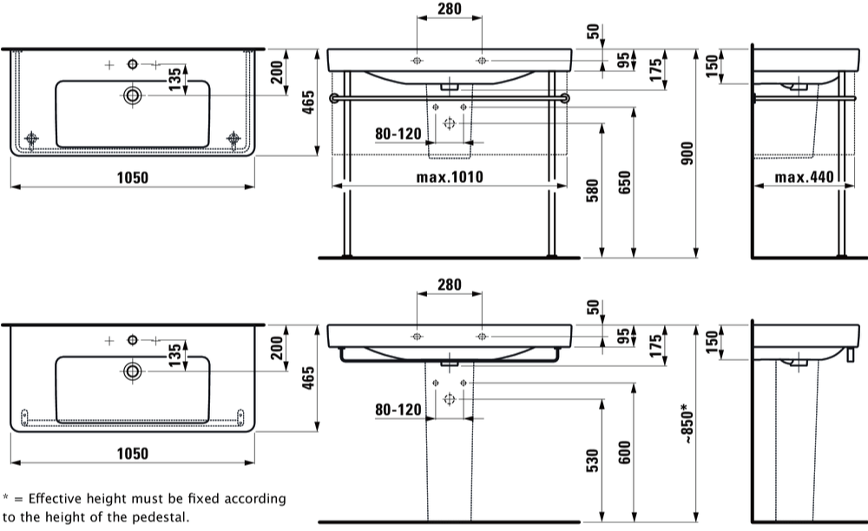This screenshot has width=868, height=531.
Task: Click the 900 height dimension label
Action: (x=687, y=154)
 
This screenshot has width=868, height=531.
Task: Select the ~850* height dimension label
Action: (x=687, y=423)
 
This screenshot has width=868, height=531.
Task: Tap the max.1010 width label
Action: (x=450, y=177)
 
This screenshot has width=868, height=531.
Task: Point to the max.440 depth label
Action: (x=804, y=177)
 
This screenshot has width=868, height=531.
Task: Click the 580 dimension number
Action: (x=592, y=191)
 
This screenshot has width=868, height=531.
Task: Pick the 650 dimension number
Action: (x=624, y=182)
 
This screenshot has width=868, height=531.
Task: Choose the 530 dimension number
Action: (x=592, y=460)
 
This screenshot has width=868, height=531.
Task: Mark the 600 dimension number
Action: (x=624, y=452)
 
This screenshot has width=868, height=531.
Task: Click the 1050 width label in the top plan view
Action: (x=132, y=178)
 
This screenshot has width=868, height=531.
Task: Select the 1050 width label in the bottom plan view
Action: (x=132, y=454)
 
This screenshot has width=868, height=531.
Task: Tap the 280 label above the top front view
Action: (x=449, y=9)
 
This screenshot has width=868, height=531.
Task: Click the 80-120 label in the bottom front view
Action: (x=398, y=410)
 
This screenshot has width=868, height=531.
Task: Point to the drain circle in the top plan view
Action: (x=132, y=95)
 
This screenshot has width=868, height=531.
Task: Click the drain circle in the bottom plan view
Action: (x=132, y=371)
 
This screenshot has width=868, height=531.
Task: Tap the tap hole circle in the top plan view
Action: (x=132, y=65)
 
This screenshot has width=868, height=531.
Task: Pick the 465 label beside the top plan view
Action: (x=308, y=102)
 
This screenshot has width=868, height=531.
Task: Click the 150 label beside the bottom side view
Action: (x=713, y=341)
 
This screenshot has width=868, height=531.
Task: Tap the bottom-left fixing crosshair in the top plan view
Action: (x=31, y=138)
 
